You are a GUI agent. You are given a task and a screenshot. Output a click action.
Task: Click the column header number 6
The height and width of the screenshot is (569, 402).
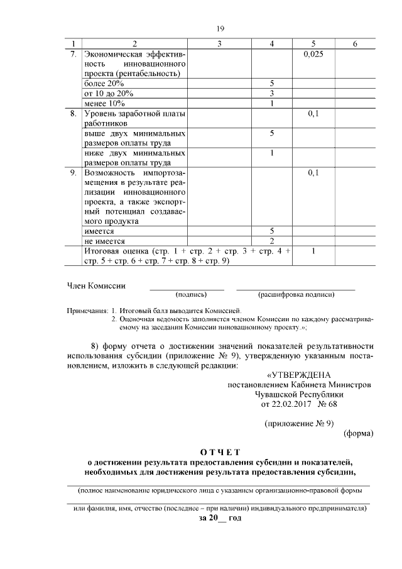coord(355,43)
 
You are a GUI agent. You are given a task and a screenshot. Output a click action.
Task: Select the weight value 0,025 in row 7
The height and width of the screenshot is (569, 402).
coord(312,55)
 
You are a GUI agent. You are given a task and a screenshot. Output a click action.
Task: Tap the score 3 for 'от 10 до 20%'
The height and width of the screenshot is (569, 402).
coord(272,93)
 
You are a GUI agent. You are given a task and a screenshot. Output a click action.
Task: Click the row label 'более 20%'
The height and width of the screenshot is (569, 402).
coord(104,84)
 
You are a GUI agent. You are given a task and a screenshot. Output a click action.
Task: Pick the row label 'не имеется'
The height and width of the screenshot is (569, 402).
coord(105,241)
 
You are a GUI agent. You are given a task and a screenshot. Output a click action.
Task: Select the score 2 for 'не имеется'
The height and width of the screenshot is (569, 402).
coord(272,241)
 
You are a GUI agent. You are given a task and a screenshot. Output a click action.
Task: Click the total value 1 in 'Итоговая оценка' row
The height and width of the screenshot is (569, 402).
coord(313,251)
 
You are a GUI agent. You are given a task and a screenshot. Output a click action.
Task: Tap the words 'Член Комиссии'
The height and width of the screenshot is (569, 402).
coord(96,285)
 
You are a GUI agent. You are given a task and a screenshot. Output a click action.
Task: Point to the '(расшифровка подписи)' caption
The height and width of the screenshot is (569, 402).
coord(296,294)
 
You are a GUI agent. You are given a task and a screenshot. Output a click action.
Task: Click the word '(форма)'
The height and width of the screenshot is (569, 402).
coord(359,433)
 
